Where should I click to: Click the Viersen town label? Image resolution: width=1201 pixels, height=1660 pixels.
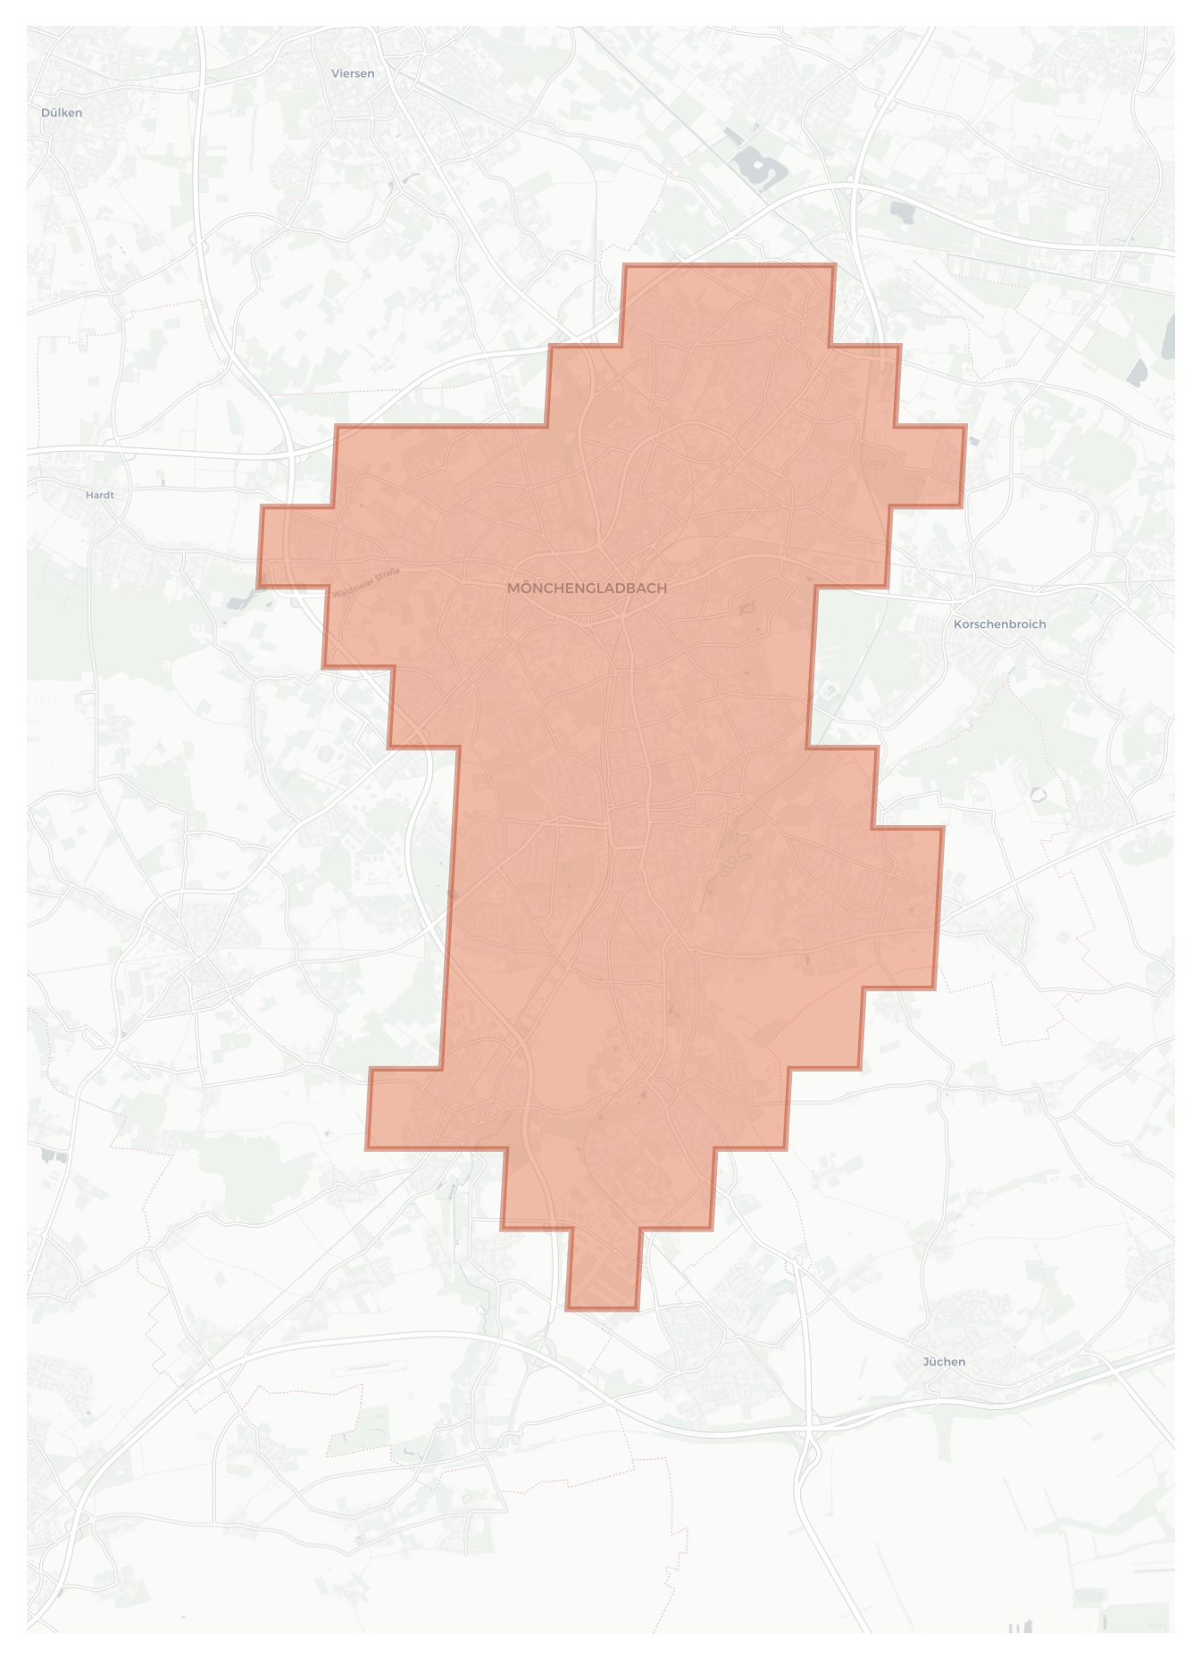tap(353, 73)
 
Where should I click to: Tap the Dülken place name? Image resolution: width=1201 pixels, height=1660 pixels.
tap(62, 113)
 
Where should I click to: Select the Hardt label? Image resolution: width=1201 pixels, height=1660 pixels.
tap(100, 495)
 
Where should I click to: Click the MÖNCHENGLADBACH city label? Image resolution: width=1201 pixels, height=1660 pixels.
tap(587, 588)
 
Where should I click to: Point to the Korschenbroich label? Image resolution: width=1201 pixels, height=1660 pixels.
tap(999, 624)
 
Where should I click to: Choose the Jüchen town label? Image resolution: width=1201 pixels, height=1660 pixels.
tap(944, 1362)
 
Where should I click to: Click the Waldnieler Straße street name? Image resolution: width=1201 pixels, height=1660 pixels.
tap(367, 582)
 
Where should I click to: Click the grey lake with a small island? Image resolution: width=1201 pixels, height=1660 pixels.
tap(760, 166)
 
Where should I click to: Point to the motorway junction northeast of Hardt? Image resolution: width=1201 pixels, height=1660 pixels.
tap(291, 455)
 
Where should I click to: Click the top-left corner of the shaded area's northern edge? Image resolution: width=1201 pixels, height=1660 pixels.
tap(625, 266)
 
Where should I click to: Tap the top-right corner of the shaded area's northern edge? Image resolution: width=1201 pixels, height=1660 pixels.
tap(834, 266)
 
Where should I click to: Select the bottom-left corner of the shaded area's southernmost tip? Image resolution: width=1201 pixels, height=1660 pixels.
tap(567, 1309)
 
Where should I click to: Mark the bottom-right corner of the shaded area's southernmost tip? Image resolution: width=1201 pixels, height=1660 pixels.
tap(637, 1309)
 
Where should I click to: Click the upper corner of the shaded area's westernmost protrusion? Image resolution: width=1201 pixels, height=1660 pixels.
tap(262, 507)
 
